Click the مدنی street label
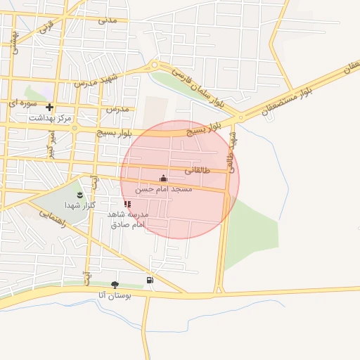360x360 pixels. point(107,20)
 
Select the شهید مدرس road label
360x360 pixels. point(103,79)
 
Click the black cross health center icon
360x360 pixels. point(50,108)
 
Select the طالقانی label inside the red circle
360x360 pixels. point(198,170)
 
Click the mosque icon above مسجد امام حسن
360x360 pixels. point(164,179)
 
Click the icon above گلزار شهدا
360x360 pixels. point(79,194)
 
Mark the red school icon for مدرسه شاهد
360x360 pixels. point(127,204)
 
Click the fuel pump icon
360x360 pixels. point(150,280)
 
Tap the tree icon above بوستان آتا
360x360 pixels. point(115,285)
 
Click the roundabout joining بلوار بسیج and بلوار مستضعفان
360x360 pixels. point(240,118)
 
